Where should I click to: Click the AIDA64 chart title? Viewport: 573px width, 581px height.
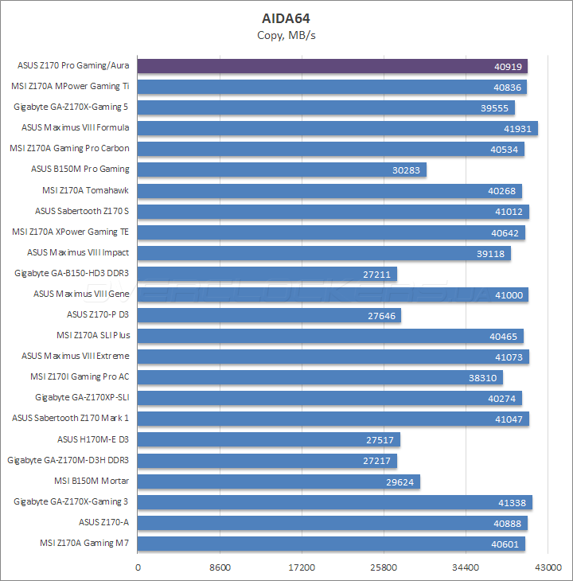286,18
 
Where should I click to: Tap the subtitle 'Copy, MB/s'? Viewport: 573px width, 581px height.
286,35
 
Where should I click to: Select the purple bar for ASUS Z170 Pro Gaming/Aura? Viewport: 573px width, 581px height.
333,66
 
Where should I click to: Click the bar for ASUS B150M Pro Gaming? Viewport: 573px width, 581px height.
283,170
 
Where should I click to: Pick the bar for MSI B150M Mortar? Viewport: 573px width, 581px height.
279,482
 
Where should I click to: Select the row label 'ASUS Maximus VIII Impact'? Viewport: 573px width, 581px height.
78,252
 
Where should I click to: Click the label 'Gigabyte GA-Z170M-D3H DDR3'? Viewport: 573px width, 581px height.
68,460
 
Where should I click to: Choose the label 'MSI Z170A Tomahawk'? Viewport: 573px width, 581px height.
85,190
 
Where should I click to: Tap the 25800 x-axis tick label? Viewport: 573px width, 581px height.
384,567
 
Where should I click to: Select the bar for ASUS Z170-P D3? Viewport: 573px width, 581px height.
270,315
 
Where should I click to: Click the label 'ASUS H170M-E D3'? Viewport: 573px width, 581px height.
93,439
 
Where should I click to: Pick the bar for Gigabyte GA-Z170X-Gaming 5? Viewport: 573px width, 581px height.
326,107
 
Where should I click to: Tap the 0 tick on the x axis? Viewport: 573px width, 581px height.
138,567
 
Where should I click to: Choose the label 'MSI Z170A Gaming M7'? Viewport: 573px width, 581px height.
84,544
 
